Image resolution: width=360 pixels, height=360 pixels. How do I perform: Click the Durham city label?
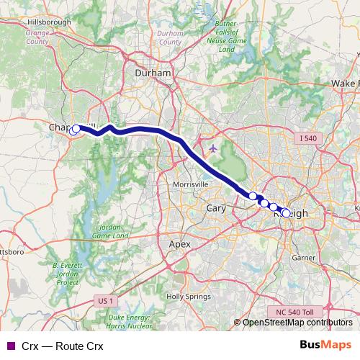pos(153,73)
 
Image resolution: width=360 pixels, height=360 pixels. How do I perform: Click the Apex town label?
pos(179,244)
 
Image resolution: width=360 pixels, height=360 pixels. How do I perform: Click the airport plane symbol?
pos(212,148)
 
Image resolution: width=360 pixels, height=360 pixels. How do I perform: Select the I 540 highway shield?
pos(305,138)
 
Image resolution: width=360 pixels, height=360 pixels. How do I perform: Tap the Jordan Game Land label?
pos(111,231)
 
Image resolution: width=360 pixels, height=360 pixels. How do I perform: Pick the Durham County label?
pos(170,37)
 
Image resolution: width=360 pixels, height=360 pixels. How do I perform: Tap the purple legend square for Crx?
pos(10,346)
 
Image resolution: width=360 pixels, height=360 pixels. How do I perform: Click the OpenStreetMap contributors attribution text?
pos(297,323)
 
